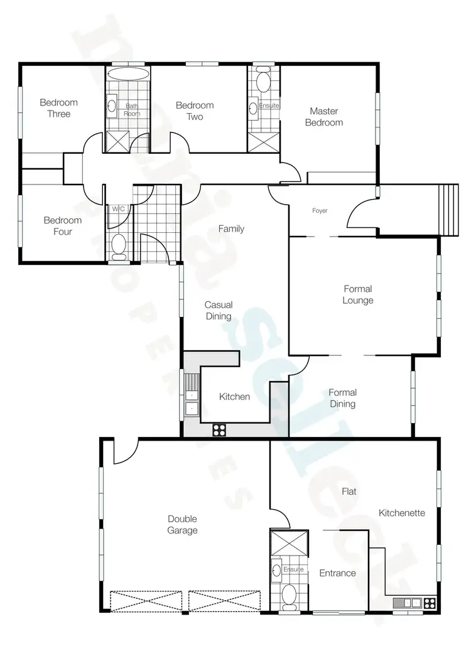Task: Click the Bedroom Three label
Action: [x=58, y=108]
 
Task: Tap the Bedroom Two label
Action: [x=195, y=111]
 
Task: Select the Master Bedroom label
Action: [x=324, y=117]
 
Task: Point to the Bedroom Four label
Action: [x=62, y=226]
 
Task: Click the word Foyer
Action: [x=320, y=211]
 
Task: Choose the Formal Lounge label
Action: [x=358, y=294]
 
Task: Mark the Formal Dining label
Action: [x=342, y=399]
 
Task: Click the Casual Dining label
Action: [x=218, y=311]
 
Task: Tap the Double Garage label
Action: [x=182, y=525]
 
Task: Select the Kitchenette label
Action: [x=402, y=513]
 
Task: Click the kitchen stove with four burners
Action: [x=219, y=430]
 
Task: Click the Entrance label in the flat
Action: [x=337, y=573]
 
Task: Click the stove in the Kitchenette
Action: [x=430, y=603]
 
